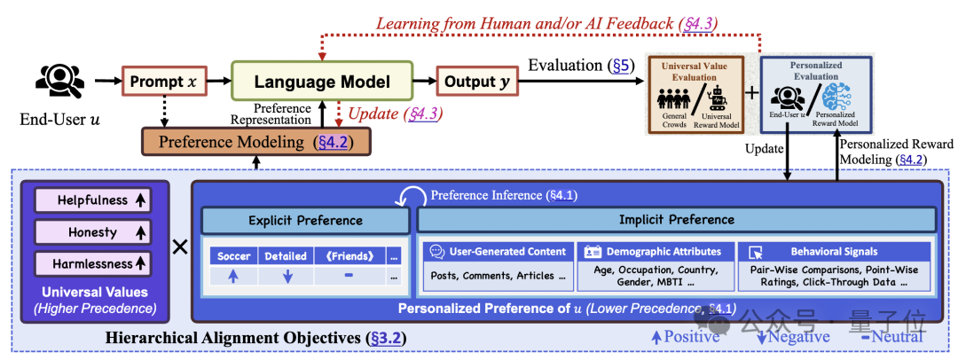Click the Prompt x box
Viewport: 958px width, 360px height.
(163, 82)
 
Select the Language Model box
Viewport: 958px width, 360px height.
(322, 82)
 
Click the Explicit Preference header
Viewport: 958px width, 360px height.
(304, 220)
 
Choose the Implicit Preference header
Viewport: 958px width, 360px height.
(675, 220)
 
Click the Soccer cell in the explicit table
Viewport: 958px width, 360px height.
(232, 256)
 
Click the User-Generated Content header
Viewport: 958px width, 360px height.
(496, 252)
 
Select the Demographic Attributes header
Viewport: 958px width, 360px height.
(656, 252)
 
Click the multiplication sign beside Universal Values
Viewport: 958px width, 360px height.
(179, 247)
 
